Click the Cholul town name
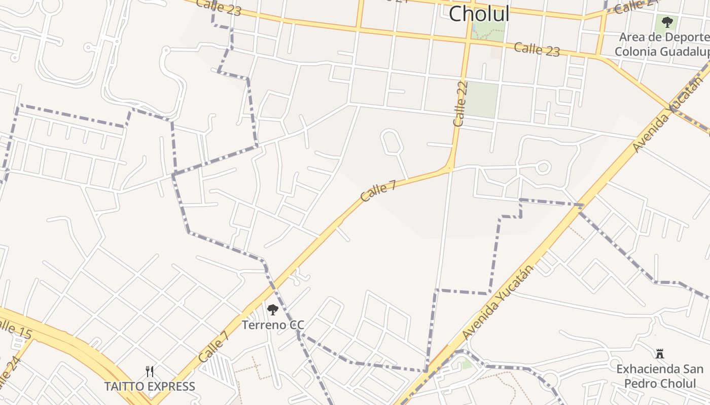point(479,14)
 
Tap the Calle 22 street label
point(460,104)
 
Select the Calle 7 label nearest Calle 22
point(378,191)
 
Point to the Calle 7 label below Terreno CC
point(214,347)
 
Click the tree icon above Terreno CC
point(273,309)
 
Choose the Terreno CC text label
point(273,325)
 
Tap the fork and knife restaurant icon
point(150,372)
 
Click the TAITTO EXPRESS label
point(150,387)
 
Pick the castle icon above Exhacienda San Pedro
point(660,354)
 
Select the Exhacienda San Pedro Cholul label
point(660,376)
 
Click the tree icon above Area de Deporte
point(667,22)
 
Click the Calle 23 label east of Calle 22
point(537,49)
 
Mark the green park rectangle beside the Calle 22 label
point(482,100)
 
